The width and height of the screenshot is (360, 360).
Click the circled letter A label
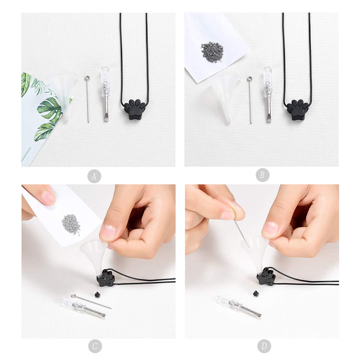click(94, 176)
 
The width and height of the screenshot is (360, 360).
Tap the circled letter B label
click(262, 175)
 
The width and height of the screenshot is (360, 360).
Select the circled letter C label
click(95, 346)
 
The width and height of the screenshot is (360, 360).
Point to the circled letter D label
click(264, 346)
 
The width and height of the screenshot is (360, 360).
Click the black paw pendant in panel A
click(135, 109)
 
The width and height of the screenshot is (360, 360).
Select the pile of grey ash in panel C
click(71, 225)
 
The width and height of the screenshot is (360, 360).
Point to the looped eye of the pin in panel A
click(87, 78)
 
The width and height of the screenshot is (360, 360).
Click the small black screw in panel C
click(97, 294)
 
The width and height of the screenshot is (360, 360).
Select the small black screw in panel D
click(256, 293)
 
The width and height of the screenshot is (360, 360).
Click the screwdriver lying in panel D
click(239, 307)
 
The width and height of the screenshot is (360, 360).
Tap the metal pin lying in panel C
click(91, 302)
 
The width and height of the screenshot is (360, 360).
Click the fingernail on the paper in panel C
click(49, 198)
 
